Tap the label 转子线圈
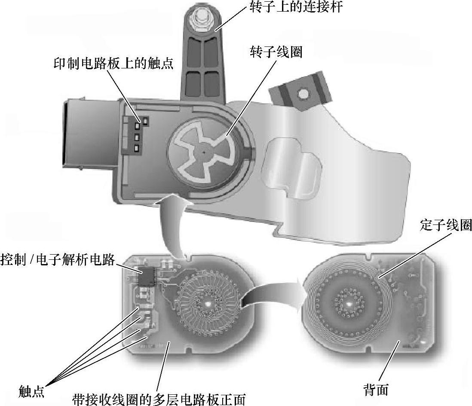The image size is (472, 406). point(276,52)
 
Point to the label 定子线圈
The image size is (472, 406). point(446,225)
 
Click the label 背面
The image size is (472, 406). point(376,390)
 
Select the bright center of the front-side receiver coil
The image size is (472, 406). point(207,303)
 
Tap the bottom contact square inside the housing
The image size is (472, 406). point(136,149)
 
